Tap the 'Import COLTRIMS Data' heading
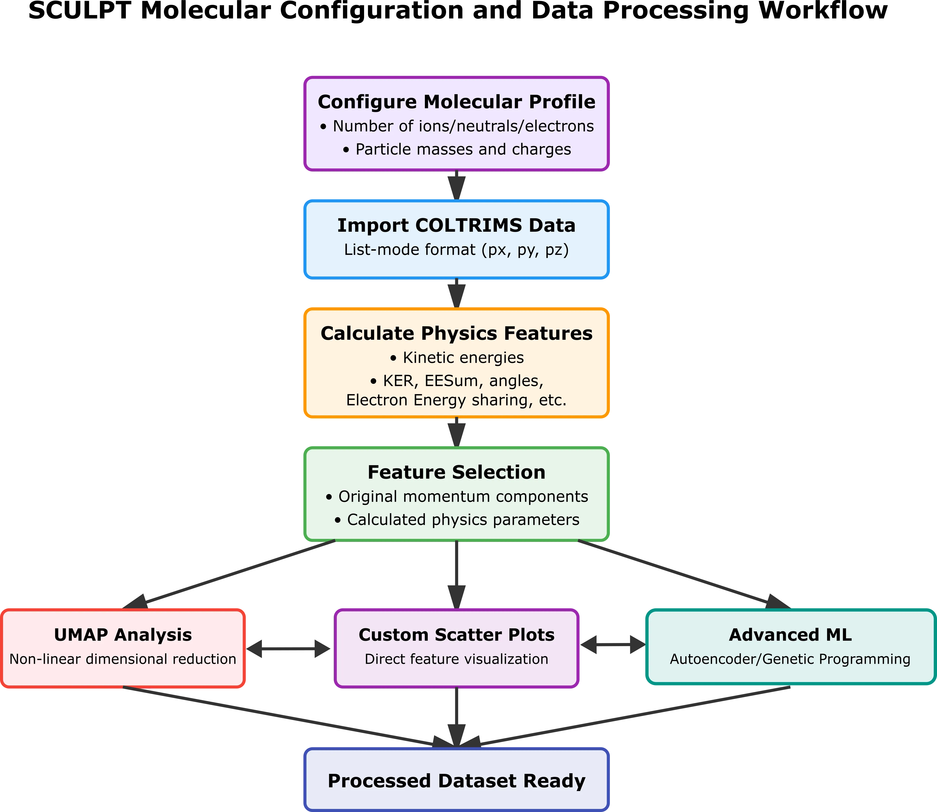coord(456,225)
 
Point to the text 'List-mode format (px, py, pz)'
coord(456,250)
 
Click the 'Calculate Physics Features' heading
coord(456,333)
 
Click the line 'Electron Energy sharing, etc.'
coord(456,400)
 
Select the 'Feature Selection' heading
coord(456,472)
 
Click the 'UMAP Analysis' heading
coord(123,635)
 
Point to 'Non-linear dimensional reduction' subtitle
coord(123,659)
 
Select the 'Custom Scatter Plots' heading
coord(456,635)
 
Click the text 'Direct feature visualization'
coord(456,659)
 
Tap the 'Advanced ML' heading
coord(790,635)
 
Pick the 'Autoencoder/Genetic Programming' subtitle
coord(790,659)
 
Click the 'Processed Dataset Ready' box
coord(456,781)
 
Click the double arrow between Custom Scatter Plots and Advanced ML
coord(612,645)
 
